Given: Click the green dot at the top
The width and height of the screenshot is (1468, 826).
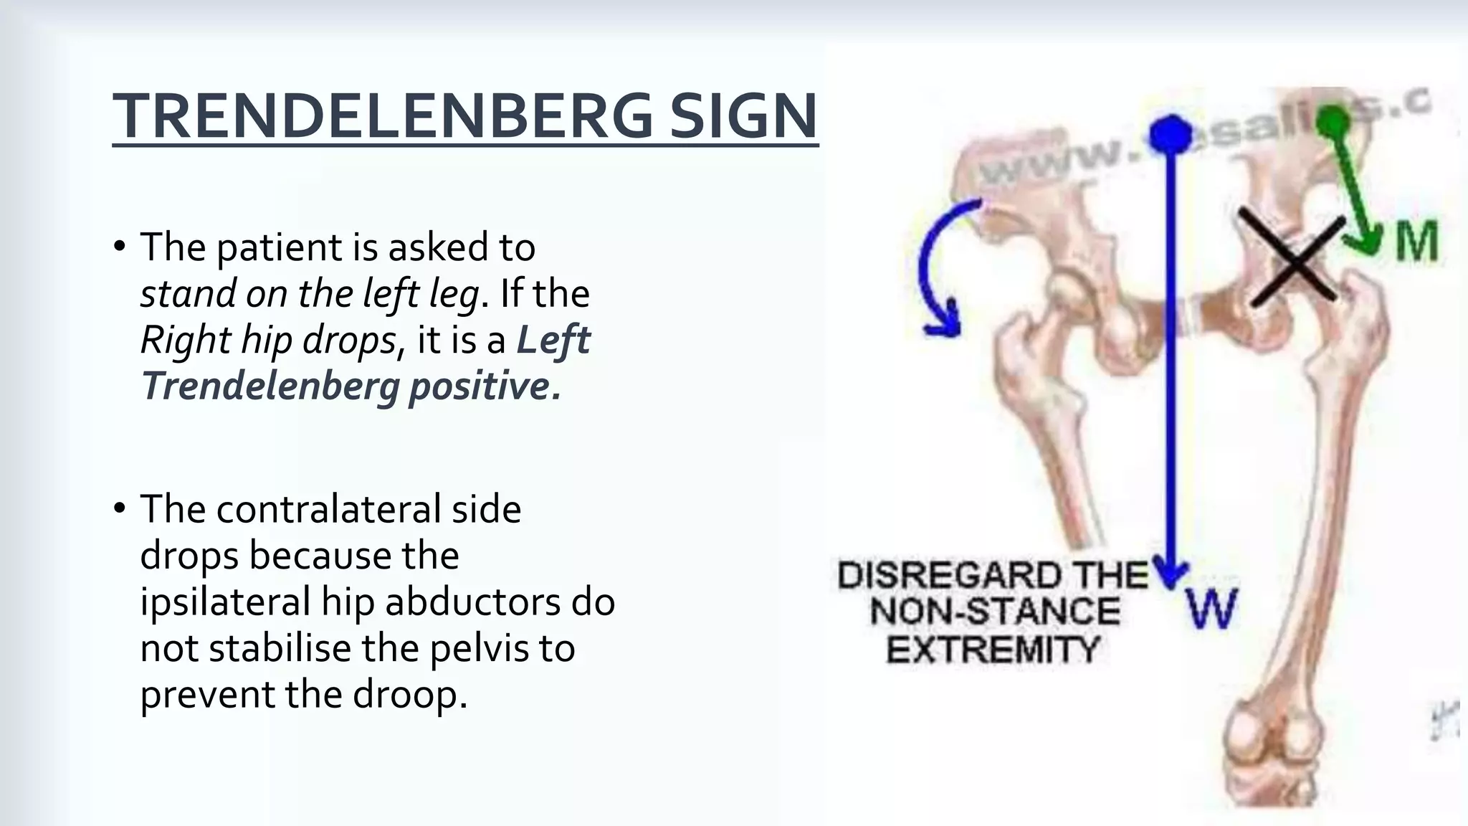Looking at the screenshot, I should [x=1334, y=119].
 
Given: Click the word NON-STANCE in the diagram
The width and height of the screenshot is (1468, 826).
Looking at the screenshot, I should [x=995, y=612].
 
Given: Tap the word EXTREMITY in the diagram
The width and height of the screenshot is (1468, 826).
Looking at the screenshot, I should [x=993, y=650].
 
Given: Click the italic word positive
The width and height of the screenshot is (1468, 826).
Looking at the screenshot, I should [x=484, y=386].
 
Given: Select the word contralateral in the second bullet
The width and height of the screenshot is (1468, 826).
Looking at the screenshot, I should [x=328, y=509].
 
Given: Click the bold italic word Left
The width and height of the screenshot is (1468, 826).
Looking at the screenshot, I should [x=553, y=340].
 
